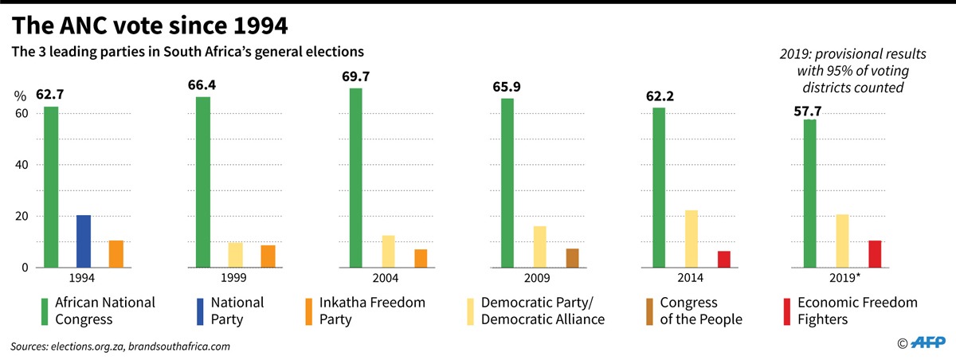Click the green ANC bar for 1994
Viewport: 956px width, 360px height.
[x=51, y=187]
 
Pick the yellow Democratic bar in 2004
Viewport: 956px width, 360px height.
[x=388, y=252]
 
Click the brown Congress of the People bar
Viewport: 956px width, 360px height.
[x=572, y=258]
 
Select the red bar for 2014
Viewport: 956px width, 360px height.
[x=723, y=260]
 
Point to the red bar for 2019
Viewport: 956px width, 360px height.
[x=875, y=254]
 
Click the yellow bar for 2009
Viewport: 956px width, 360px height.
[x=539, y=247]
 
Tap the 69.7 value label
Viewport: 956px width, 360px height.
[x=355, y=77]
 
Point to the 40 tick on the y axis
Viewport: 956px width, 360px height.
[x=22, y=165]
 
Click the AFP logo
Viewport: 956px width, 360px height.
[x=927, y=342]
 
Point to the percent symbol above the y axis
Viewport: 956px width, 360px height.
[x=20, y=96]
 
